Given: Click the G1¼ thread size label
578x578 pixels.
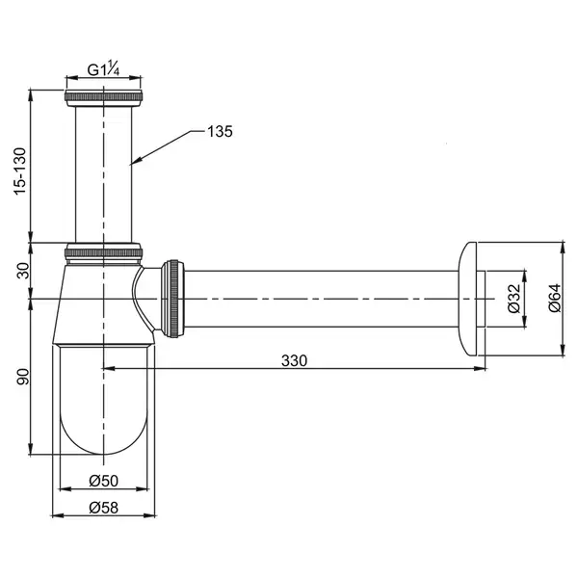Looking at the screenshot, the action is click(103, 69).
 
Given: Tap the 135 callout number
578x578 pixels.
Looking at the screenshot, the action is click(220, 131).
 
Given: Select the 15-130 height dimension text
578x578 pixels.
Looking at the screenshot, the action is click(20, 171).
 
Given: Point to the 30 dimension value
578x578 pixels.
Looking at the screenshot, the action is click(23, 271).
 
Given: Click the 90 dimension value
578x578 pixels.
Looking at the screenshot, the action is click(23, 377).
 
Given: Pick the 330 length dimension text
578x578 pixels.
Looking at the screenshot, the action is click(294, 360).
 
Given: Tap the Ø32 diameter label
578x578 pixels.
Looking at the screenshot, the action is click(513, 299).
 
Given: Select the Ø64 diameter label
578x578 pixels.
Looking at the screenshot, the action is click(555, 299).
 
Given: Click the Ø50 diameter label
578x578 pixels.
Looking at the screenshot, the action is click(104, 481).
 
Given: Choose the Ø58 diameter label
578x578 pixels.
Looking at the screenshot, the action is click(104, 508).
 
